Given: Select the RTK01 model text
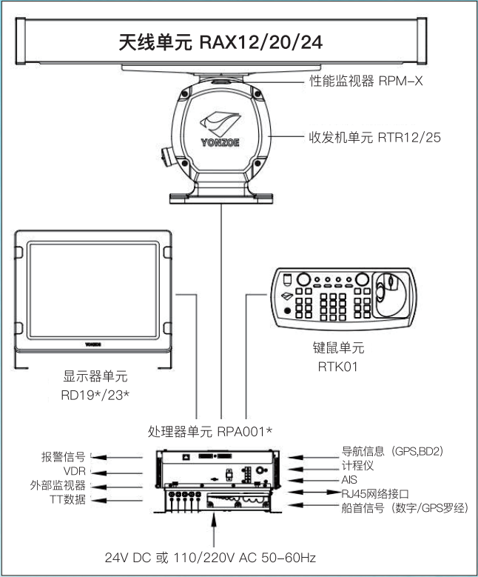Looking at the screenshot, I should [340, 365].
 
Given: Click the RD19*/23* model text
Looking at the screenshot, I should [93, 395].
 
